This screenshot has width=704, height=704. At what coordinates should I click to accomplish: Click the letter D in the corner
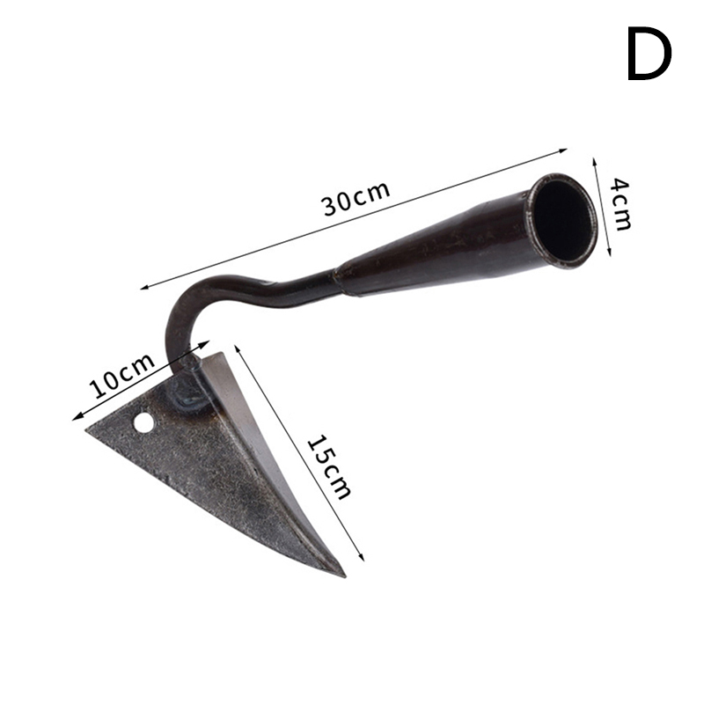point(649,54)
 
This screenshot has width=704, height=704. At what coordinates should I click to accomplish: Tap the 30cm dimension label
point(356,198)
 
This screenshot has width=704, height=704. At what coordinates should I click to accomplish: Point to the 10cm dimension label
point(121,376)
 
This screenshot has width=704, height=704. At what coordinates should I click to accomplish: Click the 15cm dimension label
point(329,466)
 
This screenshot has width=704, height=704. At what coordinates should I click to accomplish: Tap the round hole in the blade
point(143,422)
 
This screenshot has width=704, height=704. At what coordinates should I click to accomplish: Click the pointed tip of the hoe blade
point(343,576)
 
